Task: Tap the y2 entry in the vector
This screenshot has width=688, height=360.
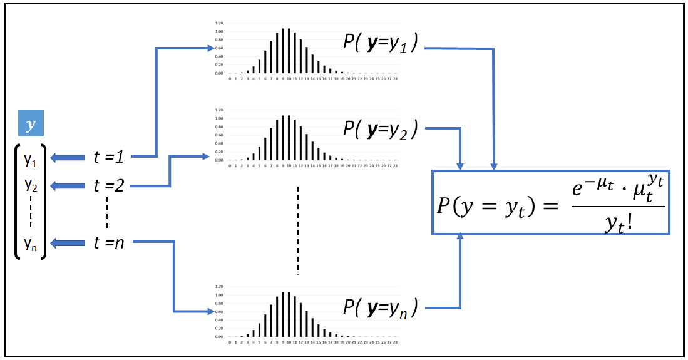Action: (31, 185)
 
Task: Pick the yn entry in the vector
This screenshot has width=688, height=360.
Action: (31, 243)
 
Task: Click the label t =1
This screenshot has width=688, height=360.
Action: (110, 157)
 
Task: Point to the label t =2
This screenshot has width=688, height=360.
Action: (110, 185)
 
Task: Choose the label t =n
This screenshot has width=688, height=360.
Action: (110, 242)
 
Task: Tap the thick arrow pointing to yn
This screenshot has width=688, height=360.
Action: (68, 243)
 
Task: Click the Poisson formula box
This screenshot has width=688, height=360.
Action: (550, 202)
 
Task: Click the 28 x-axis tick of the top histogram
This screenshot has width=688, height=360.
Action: (396, 79)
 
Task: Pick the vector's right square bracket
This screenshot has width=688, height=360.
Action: (43, 201)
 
